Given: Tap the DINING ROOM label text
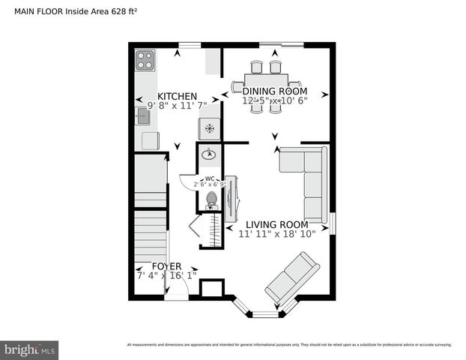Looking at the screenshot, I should (x=274, y=91).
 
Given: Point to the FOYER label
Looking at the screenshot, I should (x=166, y=266).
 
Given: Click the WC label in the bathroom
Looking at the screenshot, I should (x=210, y=178).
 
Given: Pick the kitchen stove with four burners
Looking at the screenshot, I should (x=145, y=59).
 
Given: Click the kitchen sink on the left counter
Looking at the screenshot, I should (x=143, y=115).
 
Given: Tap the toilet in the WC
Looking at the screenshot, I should (x=211, y=200).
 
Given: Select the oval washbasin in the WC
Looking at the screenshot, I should (x=211, y=154).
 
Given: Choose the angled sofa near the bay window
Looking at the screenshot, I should (x=291, y=277).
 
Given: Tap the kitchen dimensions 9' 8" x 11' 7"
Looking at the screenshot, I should (x=177, y=106).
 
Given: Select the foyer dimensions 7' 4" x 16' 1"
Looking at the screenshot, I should (x=166, y=276).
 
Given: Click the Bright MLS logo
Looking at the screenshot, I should (x=31, y=349).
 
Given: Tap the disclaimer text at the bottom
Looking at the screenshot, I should (x=288, y=345).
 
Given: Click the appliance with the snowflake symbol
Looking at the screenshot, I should (x=210, y=129).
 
